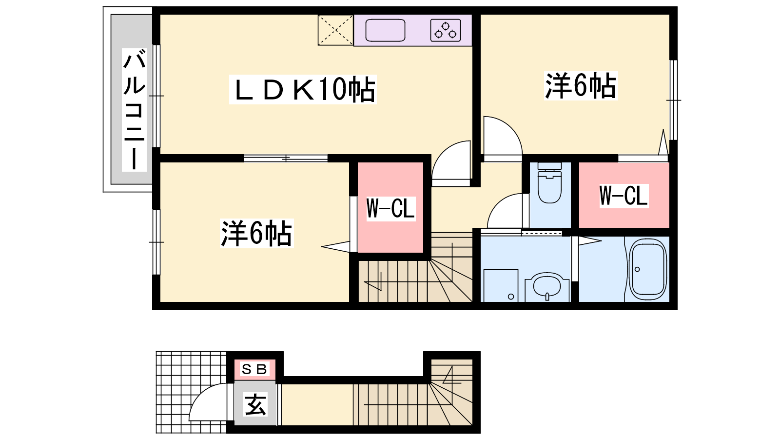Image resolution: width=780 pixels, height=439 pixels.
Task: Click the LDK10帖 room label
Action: pos(303,89)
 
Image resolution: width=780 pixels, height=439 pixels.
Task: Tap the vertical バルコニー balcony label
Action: pos(134,110)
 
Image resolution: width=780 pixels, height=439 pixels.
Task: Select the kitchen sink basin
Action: pos(385,30)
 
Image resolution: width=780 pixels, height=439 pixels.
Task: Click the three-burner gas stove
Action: pos(446,30)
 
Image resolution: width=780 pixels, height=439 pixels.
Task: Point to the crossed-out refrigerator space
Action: pos(335,30)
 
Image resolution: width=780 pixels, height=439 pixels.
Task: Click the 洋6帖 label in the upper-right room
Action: pos(581,86)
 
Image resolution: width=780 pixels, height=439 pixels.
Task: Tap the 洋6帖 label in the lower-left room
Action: pos(256,234)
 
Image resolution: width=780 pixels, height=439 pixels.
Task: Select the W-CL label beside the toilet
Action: pos(624,196)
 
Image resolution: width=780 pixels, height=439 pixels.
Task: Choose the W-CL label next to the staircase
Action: pos(390,209)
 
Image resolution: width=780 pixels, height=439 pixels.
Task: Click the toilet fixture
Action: pos(550,182)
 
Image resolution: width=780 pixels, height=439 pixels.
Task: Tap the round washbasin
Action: pos(546,287)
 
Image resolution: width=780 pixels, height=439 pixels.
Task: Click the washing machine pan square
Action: pos(501,286)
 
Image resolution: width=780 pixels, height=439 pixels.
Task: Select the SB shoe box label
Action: pos(254,369)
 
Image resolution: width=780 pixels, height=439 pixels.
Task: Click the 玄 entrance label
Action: pos(255,404)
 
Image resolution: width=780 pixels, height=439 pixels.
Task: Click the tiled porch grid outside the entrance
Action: pos(192,392)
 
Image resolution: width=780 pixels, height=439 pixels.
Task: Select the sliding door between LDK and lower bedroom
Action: pos(286,159)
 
